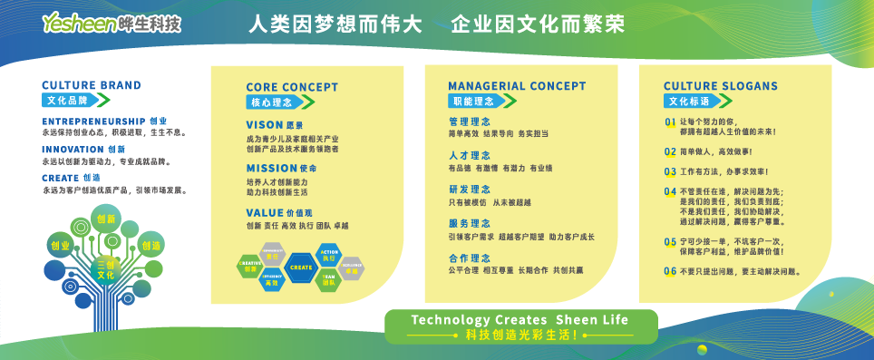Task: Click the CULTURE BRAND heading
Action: pos(92,85)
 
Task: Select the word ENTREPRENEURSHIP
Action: pos(93,121)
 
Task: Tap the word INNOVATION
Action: pos(73,149)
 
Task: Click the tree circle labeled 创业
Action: pos(61,245)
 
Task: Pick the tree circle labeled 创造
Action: pos(151,245)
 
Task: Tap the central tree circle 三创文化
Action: pos(106,268)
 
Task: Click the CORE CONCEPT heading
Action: pos(292,87)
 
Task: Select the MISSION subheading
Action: pos(271,168)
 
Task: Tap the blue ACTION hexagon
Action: pos(328,254)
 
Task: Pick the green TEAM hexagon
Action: pos(328,280)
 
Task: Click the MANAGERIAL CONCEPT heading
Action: pos(517,86)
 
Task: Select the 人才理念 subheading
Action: pos(470,156)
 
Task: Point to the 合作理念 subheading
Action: pos(470,258)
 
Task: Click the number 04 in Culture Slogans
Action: pos(670,191)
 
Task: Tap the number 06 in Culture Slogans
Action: pos(670,270)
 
